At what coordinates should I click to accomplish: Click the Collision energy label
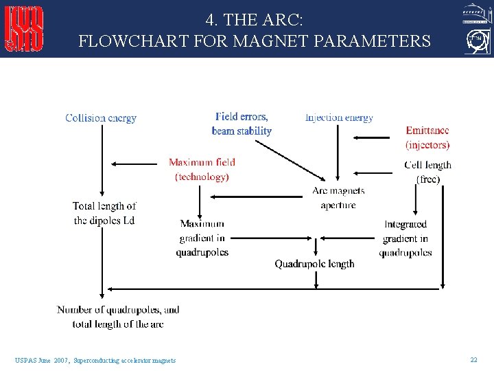(101, 118)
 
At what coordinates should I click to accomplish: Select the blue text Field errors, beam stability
(242, 124)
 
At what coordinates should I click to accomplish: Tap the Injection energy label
(339, 117)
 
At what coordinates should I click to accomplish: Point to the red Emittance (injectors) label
(427, 137)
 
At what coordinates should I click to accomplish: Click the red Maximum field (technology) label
(202, 170)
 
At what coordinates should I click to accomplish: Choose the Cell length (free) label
(428, 172)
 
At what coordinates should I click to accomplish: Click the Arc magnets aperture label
(338, 197)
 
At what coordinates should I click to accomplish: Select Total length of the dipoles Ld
(104, 213)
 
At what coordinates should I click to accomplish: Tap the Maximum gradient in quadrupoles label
(202, 238)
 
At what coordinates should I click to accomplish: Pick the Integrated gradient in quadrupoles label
(405, 238)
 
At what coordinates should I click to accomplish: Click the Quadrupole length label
(314, 264)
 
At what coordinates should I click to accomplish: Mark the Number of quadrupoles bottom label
(118, 317)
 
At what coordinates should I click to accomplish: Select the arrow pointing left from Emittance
(370, 138)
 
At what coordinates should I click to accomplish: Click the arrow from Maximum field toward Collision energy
(134, 164)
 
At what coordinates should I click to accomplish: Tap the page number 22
(473, 359)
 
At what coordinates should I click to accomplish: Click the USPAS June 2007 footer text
(95, 360)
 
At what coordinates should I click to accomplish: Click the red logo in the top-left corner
(24, 29)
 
